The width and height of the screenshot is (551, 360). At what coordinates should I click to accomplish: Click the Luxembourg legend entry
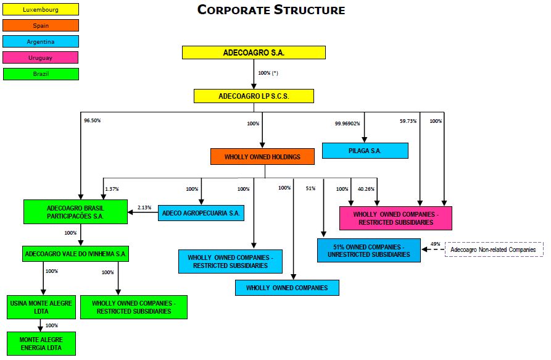coord(41,9)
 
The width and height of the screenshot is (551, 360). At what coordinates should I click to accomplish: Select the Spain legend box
coord(41,25)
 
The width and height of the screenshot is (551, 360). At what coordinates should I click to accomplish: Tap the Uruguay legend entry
coord(41,57)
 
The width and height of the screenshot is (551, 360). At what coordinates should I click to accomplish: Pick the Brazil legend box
coord(41,74)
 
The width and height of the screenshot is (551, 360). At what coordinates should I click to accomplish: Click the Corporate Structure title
coord(271,10)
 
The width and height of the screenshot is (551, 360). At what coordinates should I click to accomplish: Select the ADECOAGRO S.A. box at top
coord(254,52)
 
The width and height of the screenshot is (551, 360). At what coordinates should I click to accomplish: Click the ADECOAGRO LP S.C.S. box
coord(254,96)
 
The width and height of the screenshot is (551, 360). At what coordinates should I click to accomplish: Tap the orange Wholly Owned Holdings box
coord(262,157)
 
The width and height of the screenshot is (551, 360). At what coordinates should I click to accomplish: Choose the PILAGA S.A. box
coord(365,151)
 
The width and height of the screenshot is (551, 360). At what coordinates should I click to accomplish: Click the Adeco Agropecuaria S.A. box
coord(201,213)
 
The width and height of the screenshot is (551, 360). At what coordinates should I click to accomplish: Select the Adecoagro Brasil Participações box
coord(75,212)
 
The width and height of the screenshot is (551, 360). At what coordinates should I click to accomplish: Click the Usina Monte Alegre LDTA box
coord(41,307)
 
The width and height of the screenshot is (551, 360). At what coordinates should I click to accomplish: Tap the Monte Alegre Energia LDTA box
coord(41,344)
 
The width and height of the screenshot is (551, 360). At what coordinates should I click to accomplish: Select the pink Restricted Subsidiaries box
coord(396,218)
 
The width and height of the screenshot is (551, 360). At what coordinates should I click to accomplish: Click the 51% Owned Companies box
coord(369,250)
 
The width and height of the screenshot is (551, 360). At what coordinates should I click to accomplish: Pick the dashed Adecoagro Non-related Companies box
coord(494,249)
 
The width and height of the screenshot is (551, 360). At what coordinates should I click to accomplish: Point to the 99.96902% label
coord(347,123)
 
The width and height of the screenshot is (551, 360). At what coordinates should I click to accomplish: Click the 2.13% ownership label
coord(144,207)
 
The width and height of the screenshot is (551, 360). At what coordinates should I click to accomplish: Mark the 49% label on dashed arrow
coord(435,245)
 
